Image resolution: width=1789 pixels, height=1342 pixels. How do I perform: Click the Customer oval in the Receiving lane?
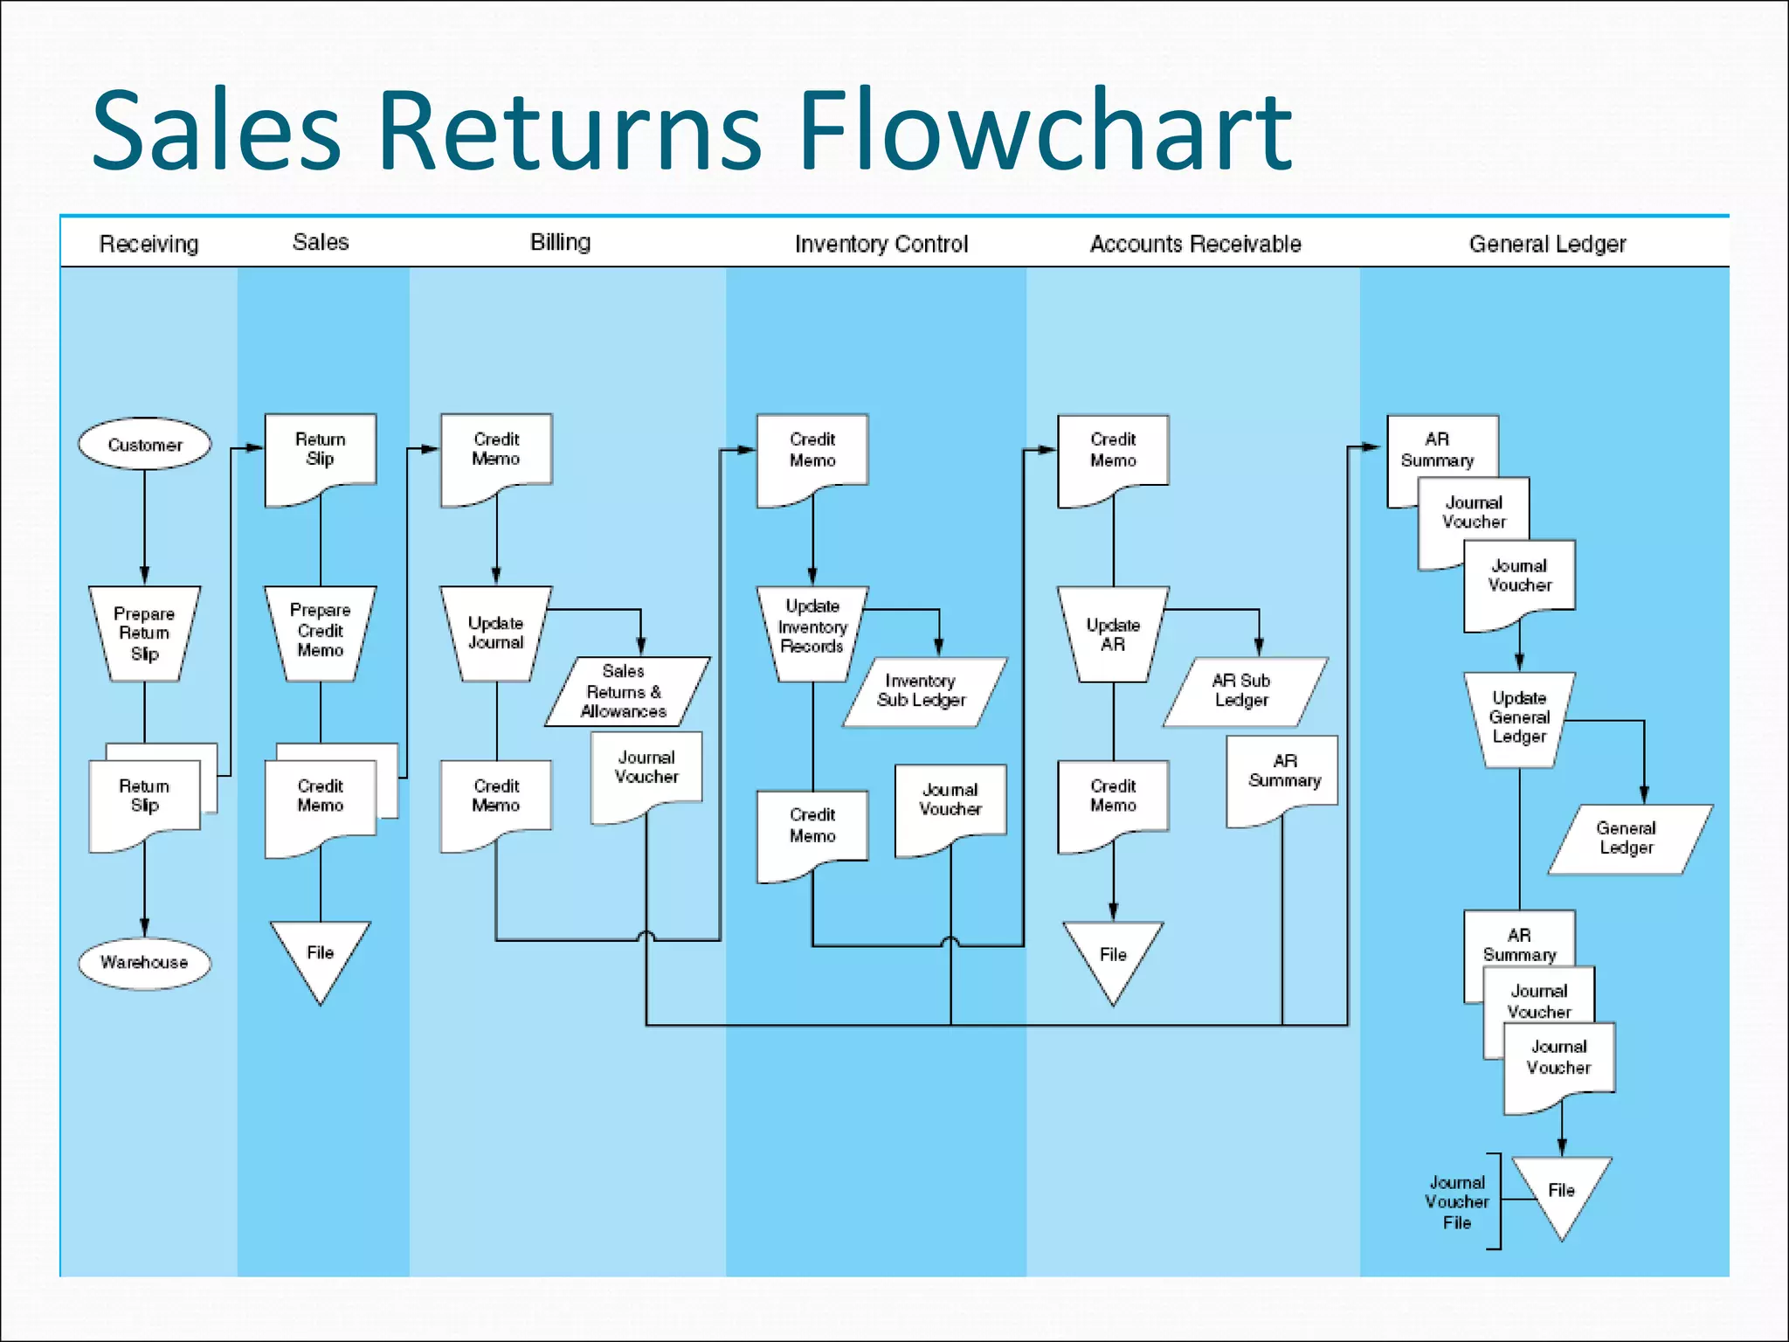tap(144, 445)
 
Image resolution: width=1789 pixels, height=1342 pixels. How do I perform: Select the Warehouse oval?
tap(144, 962)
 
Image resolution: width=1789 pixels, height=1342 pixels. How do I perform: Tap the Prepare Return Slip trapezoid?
tap(144, 633)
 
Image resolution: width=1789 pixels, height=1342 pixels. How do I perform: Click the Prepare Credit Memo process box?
tap(320, 631)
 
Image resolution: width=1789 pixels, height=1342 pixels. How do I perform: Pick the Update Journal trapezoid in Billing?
tap(495, 633)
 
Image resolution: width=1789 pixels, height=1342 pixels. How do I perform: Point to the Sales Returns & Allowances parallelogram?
tap(625, 691)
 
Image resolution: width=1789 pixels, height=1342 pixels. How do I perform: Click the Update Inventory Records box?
tap(812, 627)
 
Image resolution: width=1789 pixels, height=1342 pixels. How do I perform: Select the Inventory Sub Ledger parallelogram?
tap(922, 691)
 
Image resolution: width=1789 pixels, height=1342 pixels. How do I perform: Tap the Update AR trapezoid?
tap(1112, 634)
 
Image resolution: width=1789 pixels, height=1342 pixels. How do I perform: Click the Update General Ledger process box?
tap(1519, 717)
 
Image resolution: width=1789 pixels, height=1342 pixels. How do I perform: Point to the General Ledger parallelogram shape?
tap(1627, 838)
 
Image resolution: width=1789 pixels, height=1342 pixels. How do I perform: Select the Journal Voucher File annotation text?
tap(1456, 1202)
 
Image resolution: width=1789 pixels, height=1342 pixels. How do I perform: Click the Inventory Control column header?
tap(881, 244)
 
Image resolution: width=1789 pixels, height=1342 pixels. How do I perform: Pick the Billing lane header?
tap(560, 242)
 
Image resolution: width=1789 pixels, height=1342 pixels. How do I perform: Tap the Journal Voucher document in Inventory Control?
tap(950, 802)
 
